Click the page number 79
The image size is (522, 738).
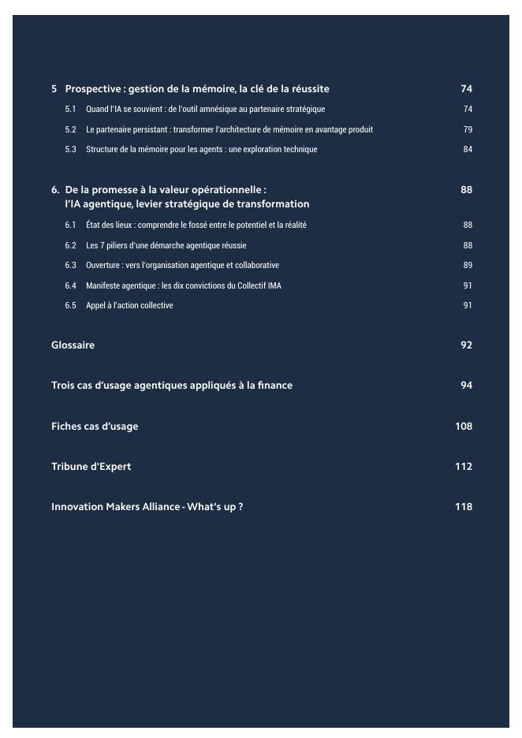point(468,129)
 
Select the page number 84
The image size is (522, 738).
point(468,150)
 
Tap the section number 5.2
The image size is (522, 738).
point(70,129)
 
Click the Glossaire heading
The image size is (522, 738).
point(73,345)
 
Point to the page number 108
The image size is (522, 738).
point(464,427)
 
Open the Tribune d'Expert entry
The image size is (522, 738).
point(91,467)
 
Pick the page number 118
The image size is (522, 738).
point(464,507)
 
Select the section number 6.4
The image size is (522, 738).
point(70,285)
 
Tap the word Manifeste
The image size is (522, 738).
point(103,285)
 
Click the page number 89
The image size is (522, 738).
point(468,266)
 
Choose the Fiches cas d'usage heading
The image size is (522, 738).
point(95,427)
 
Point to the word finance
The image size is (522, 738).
point(275,386)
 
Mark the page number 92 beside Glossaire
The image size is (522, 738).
point(466,345)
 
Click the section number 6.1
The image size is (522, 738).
point(70,225)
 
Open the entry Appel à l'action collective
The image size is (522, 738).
point(129,306)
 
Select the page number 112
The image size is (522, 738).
point(464,467)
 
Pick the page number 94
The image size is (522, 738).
point(466,386)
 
